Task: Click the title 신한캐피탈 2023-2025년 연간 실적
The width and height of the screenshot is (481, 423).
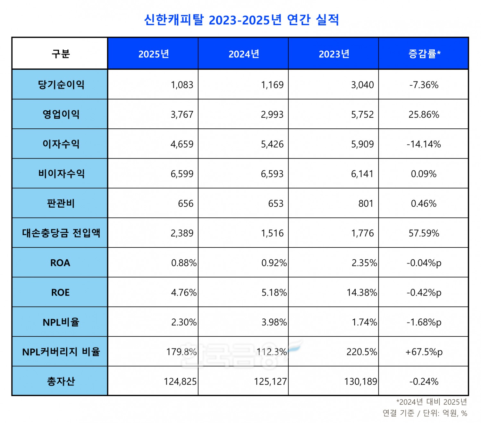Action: (x=241, y=20)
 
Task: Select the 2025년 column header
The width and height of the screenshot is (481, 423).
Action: (x=153, y=54)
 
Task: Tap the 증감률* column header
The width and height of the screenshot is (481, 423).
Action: (x=424, y=54)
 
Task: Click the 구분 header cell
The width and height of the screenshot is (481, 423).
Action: (x=60, y=54)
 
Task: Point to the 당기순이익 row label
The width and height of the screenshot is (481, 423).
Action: (x=61, y=85)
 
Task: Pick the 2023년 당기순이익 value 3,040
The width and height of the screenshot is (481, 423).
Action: (x=362, y=85)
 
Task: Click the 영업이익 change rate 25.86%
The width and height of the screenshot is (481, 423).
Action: (x=423, y=115)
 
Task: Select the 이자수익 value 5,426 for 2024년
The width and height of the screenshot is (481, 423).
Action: (x=272, y=144)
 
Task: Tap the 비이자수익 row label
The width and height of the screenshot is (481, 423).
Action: (x=61, y=174)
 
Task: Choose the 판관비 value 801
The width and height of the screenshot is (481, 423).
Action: (x=366, y=204)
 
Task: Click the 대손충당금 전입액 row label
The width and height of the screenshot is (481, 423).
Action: (x=61, y=233)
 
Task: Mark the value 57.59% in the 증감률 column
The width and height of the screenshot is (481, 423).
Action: (x=423, y=233)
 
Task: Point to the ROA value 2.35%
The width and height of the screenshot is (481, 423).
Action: (x=364, y=263)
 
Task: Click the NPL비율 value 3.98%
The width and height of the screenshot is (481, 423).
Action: (x=274, y=322)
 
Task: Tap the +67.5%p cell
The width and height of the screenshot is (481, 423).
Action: (x=424, y=352)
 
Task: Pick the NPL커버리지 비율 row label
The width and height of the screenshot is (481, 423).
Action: (x=61, y=352)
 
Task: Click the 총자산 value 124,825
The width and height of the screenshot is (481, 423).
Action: (x=180, y=382)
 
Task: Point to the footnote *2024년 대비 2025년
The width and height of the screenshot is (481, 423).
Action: (x=431, y=402)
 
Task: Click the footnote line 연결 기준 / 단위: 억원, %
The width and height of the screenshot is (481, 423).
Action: (x=425, y=413)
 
